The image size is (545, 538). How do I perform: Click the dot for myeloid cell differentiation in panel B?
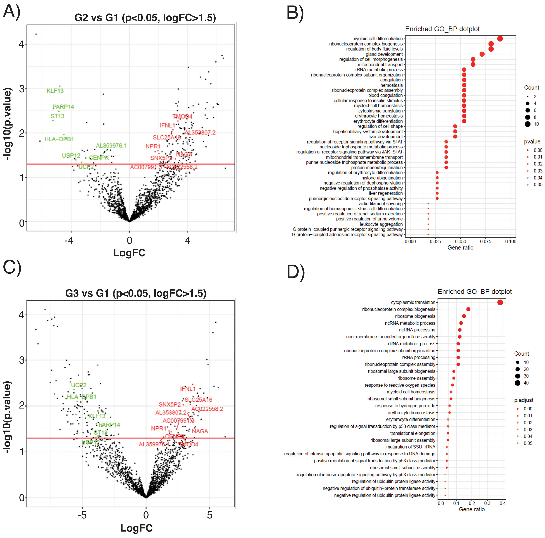500,39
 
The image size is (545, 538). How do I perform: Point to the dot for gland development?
482,54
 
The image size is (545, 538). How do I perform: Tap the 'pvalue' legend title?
532,142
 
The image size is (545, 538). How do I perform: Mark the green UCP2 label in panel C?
79,385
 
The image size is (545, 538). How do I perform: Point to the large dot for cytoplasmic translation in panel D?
500,302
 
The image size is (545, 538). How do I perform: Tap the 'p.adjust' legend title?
524,400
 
